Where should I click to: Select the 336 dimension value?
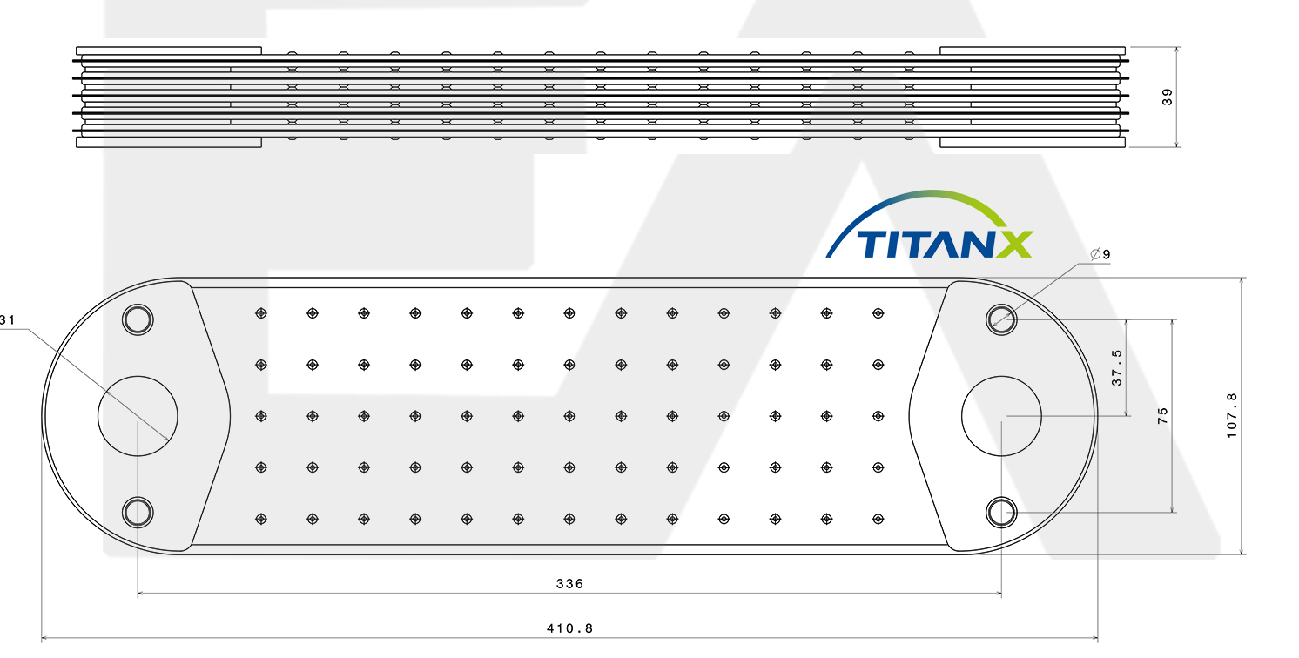pyautogui.click(x=569, y=583)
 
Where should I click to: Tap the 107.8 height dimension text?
pyautogui.click(x=1231, y=415)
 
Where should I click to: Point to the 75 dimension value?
pyautogui.click(x=1163, y=415)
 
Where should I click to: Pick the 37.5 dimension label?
pyautogui.click(x=1117, y=368)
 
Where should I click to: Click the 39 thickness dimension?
pyautogui.click(x=1168, y=97)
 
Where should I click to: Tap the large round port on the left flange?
pyautogui.click(x=138, y=416)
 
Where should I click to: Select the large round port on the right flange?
pyautogui.click(x=1001, y=416)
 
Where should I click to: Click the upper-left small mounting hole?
pyautogui.click(x=137, y=319)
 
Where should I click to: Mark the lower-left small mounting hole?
pyautogui.click(x=137, y=512)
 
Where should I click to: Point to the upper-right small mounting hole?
pyautogui.click(x=1000, y=319)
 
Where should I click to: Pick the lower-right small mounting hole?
pyautogui.click(x=1000, y=512)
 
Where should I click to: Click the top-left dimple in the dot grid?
pyautogui.click(x=260, y=312)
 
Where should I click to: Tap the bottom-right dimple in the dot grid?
pyautogui.click(x=878, y=519)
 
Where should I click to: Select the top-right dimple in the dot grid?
pyautogui.click(x=878, y=312)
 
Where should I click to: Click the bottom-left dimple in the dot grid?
pyautogui.click(x=260, y=519)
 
